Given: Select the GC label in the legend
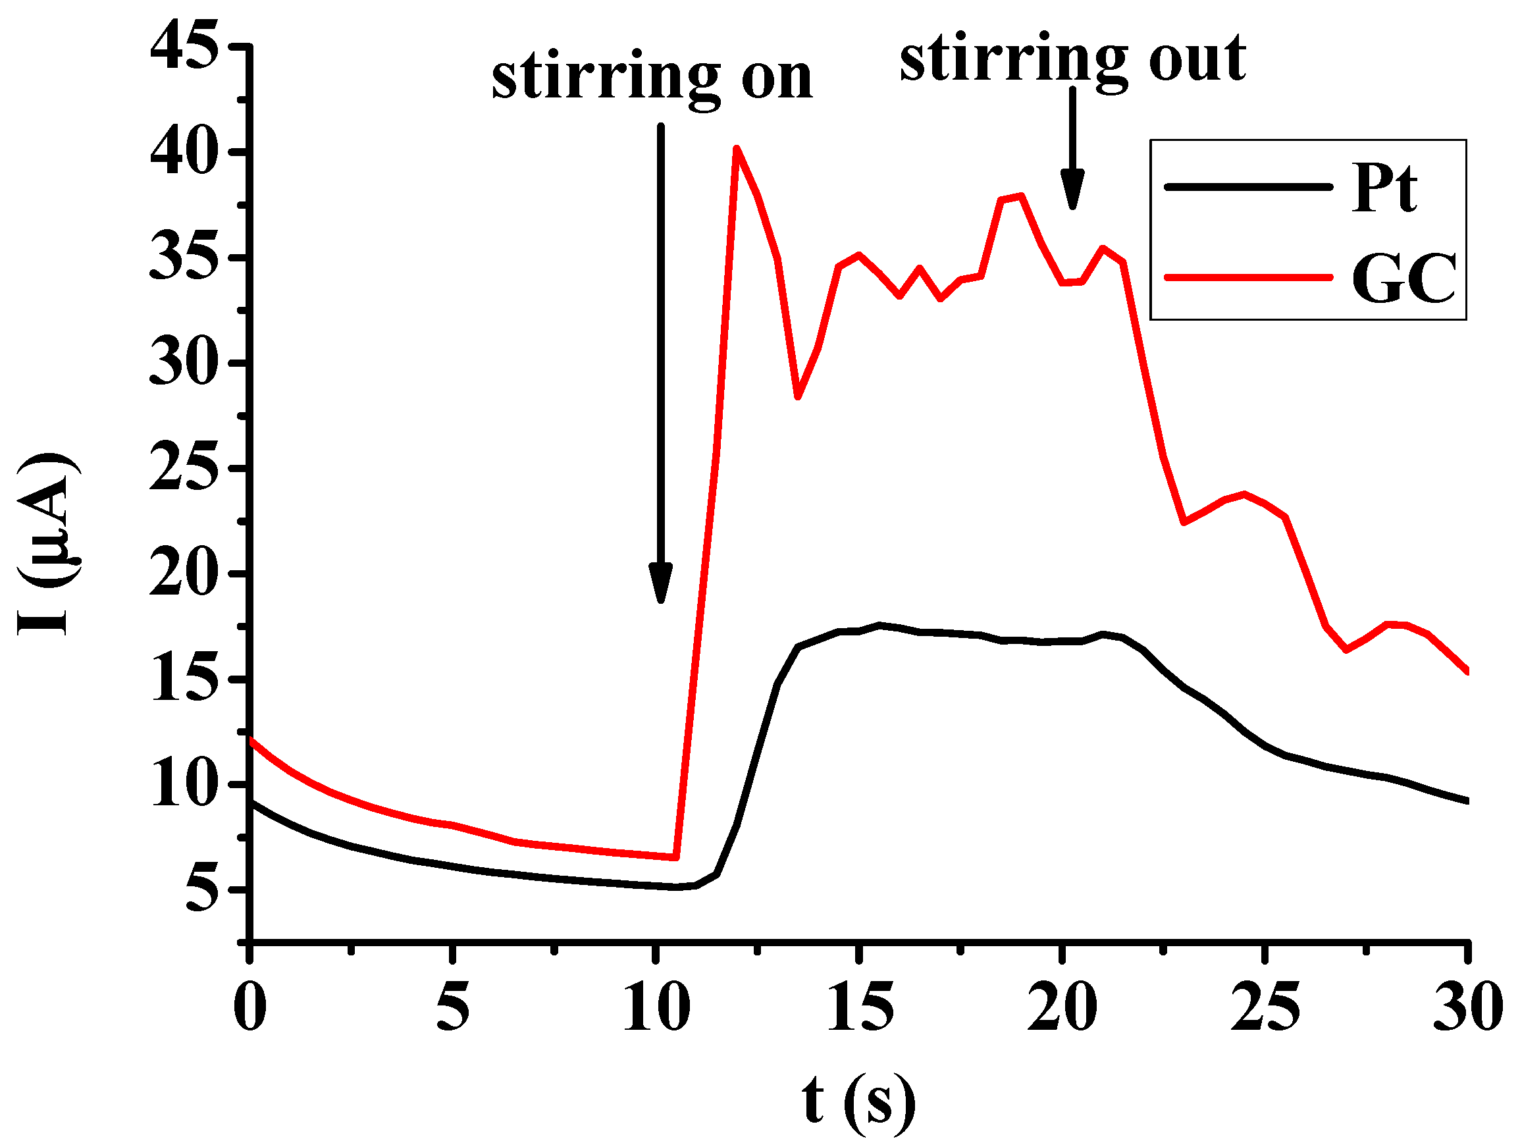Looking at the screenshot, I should [1403, 279].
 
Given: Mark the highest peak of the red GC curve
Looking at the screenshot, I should [736, 148].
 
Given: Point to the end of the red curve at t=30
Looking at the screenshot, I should [1467, 671].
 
